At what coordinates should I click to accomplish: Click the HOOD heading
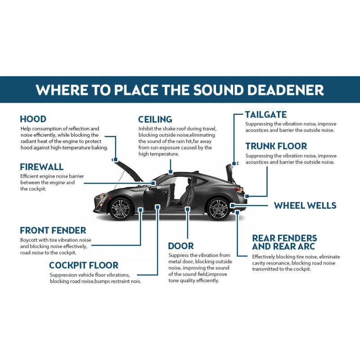33,119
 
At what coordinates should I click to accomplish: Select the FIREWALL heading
41,167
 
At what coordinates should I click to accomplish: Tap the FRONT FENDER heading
53,230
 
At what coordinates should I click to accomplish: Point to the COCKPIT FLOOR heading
84,265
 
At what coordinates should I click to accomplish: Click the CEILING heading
155,119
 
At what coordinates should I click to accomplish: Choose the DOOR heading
181,246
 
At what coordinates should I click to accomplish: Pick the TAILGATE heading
265,115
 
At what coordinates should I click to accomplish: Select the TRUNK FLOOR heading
276,146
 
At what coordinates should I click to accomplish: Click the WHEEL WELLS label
305,206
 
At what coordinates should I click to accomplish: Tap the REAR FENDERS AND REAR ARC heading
284,242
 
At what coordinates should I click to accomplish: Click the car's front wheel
120,208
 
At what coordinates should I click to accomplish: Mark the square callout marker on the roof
171,172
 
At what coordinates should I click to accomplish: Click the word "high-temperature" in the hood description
73,148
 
